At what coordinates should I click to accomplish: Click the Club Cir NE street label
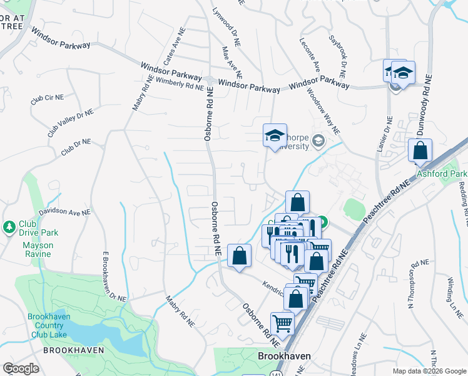tap(48, 99)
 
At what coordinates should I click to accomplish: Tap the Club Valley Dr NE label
tap(70, 123)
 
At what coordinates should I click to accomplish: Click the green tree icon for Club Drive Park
tap(9, 226)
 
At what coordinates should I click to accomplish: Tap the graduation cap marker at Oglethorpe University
tap(275, 135)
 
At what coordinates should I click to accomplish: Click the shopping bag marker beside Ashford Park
tap(420, 150)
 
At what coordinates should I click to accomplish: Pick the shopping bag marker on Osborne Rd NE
tap(239, 256)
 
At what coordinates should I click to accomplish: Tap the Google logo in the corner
tap(21, 368)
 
